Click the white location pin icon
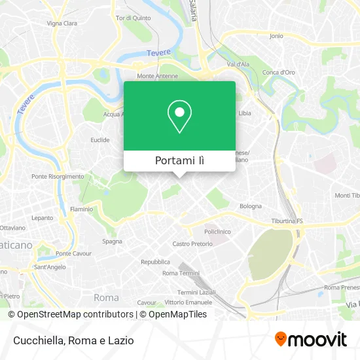click(x=179, y=116)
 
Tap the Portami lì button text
click(x=179, y=161)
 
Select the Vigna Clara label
click(x=62, y=23)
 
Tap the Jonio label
click(x=276, y=35)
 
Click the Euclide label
click(x=100, y=139)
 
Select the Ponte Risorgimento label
click(x=58, y=176)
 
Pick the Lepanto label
click(x=42, y=217)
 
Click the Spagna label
click(x=112, y=241)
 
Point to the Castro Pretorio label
click(x=192, y=243)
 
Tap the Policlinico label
click(x=217, y=232)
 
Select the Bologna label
click(x=251, y=206)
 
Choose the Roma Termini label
click(x=180, y=272)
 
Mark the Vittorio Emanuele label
click(x=189, y=302)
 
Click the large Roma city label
click(x=106, y=297)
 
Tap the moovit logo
click(x=310, y=339)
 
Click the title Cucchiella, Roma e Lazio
click(x=72, y=340)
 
